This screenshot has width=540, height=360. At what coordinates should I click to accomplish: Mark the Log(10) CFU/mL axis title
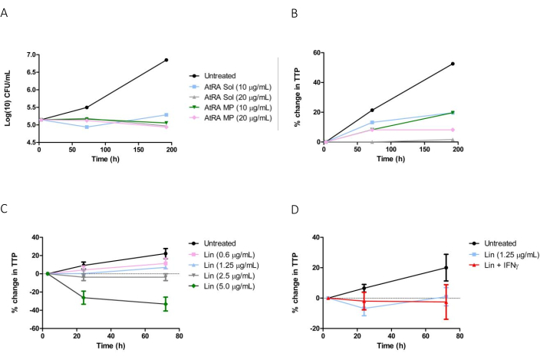tap(10, 97)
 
